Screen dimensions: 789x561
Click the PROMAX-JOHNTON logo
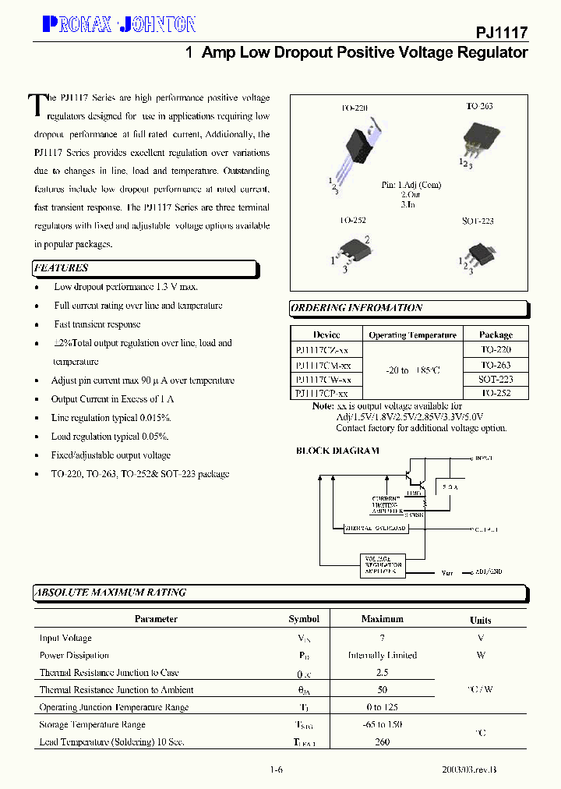point(118,25)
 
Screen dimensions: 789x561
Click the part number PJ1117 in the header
point(502,33)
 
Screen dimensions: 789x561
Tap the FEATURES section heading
point(62,268)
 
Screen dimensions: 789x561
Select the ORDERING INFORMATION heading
point(357,308)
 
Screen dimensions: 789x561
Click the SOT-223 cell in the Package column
point(496,380)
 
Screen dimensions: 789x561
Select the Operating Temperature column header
point(412,335)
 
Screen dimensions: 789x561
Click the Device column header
point(326,335)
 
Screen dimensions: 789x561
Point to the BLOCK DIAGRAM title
point(337,451)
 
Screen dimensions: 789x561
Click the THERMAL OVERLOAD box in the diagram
point(376,529)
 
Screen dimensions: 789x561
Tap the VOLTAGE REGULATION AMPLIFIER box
point(383,565)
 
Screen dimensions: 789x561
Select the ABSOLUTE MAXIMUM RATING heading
point(111,593)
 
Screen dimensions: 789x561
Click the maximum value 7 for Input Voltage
point(382,638)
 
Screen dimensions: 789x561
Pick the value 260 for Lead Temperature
point(382,742)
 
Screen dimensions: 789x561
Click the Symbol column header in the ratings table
point(304,619)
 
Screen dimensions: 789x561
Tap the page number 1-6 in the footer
point(276,770)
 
